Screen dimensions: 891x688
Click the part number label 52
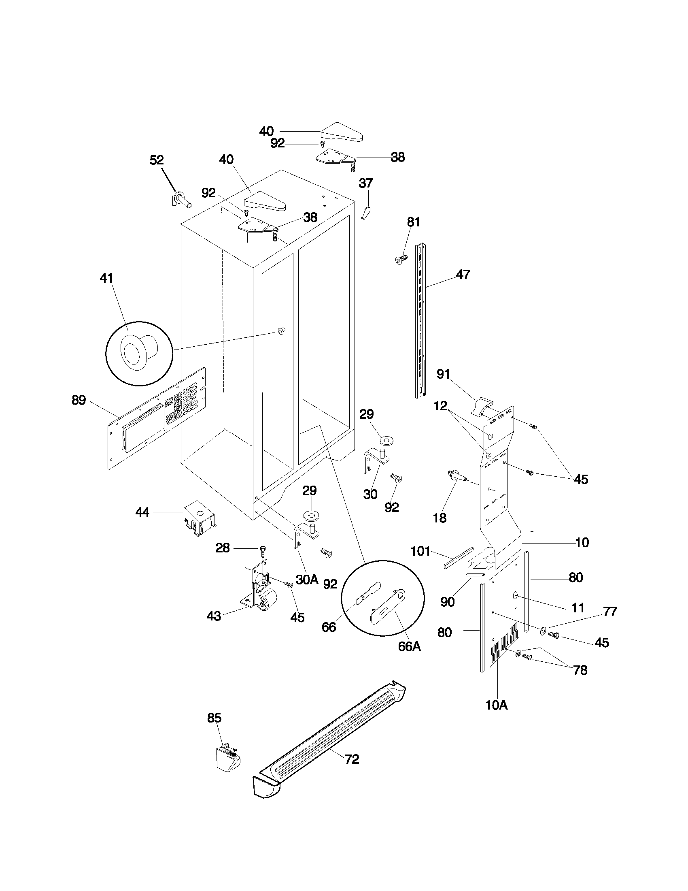[x=157, y=160]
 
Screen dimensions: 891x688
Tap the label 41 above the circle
[x=106, y=278]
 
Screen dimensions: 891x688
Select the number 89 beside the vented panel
[x=79, y=400]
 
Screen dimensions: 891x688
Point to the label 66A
[x=409, y=647]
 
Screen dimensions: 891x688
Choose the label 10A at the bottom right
[x=497, y=706]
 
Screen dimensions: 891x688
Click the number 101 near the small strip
[x=420, y=551]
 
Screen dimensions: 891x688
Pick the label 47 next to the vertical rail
[x=463, y=274]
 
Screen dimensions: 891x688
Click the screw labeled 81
[x=402, y=259]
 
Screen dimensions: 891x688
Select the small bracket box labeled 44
[x=199, y=518]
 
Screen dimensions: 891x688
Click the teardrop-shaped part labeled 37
[x=366, y=213]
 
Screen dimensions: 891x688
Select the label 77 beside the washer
[x=610, y=612]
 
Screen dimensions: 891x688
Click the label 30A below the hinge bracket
[x=307, y=579]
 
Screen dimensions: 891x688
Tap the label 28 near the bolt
[x=223, y=548]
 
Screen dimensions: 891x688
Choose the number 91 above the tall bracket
[x=443, y=374]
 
